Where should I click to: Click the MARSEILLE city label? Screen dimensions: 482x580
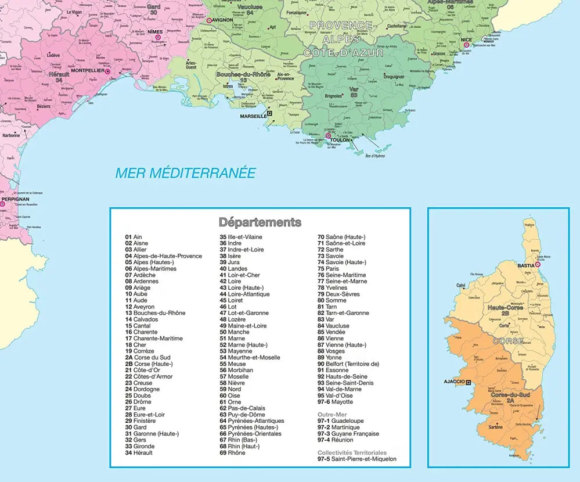click(x=253, y=116)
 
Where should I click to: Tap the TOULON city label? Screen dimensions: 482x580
click(x=340, y=140)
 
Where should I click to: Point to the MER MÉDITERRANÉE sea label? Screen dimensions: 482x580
click(x=185, y=173)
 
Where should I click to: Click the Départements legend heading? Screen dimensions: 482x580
click(x=260, y=222)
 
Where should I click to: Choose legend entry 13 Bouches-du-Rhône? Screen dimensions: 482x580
click(x=155, y=313)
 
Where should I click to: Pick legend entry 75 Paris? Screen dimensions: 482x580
click(x=334, y=269)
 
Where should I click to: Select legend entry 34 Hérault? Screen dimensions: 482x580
click(x=139, y=452)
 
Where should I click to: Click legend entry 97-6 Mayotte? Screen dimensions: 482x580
click(x=335, y=402)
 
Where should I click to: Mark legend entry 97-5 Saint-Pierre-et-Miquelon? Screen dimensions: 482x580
click(x=357, y=459)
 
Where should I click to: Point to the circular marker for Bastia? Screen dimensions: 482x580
click(x=538, y=265)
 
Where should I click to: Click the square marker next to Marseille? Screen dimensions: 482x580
click(x=269, y=114)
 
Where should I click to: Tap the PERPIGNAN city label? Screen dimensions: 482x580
click(x=15, y=199)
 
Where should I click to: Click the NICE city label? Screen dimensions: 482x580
click(x=466, y=39)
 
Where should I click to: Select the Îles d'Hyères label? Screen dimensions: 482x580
click(x=375, y=156)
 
